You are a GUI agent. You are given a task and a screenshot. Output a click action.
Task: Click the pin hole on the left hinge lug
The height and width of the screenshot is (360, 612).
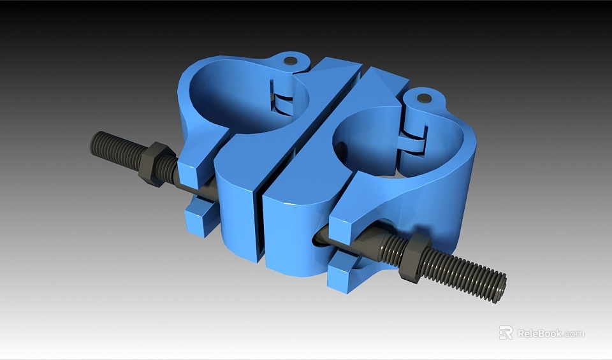click(291, 61)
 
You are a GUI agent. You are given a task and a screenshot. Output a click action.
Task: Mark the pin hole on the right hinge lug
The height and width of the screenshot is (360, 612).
click(424, 99)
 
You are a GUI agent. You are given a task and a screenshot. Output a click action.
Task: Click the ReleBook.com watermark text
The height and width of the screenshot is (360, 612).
click(550, 333)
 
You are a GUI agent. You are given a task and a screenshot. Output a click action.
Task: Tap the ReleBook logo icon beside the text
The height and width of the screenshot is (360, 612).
click(506, 333)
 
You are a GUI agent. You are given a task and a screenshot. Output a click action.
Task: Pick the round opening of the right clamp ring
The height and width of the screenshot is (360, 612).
click(376, 143)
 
